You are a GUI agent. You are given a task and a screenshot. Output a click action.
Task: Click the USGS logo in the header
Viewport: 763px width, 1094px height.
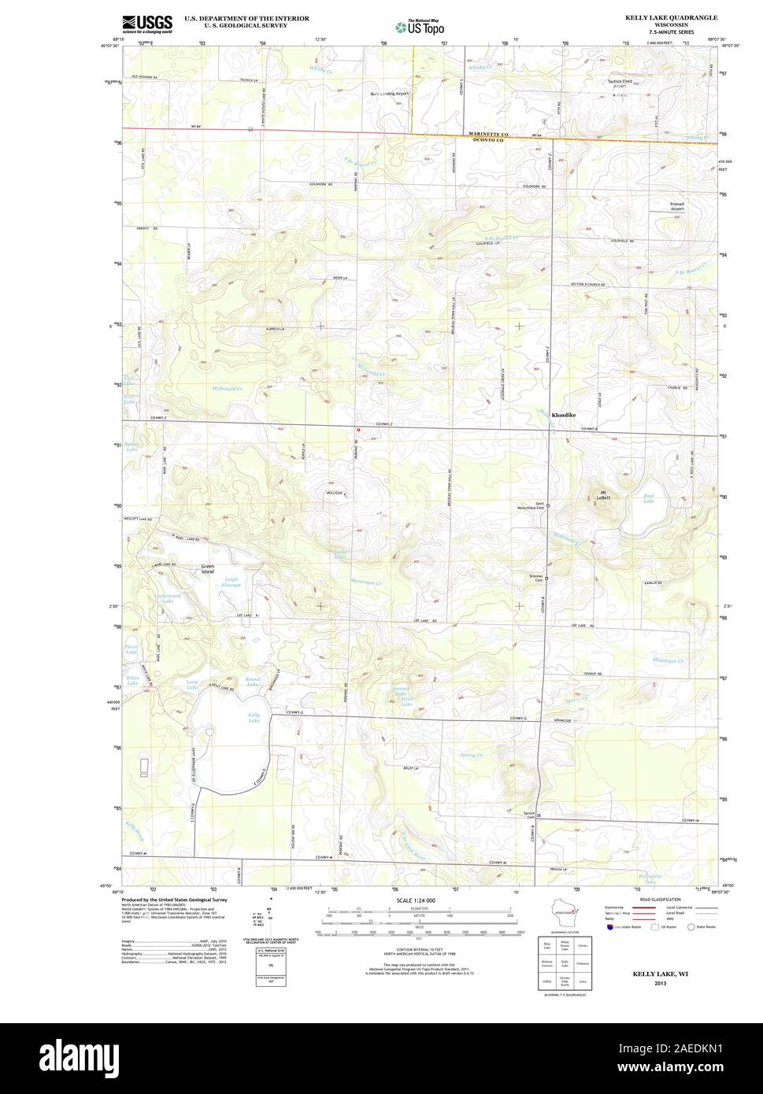tap(147, 24)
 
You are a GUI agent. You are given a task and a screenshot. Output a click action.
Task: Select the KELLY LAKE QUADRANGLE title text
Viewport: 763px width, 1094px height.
tap(671, 17)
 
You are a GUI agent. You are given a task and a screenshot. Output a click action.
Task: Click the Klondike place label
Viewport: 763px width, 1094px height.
tap(564, 415)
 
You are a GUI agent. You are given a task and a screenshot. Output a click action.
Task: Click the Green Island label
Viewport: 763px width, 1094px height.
tap(207, 568)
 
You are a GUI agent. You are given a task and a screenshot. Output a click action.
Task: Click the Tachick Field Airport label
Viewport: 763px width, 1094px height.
tap(620, 83)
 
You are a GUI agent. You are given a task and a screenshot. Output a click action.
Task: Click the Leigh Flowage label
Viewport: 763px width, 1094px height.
tap(231, 582)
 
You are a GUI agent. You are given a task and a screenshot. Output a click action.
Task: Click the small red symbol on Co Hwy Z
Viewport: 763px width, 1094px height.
tap(358, 430)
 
